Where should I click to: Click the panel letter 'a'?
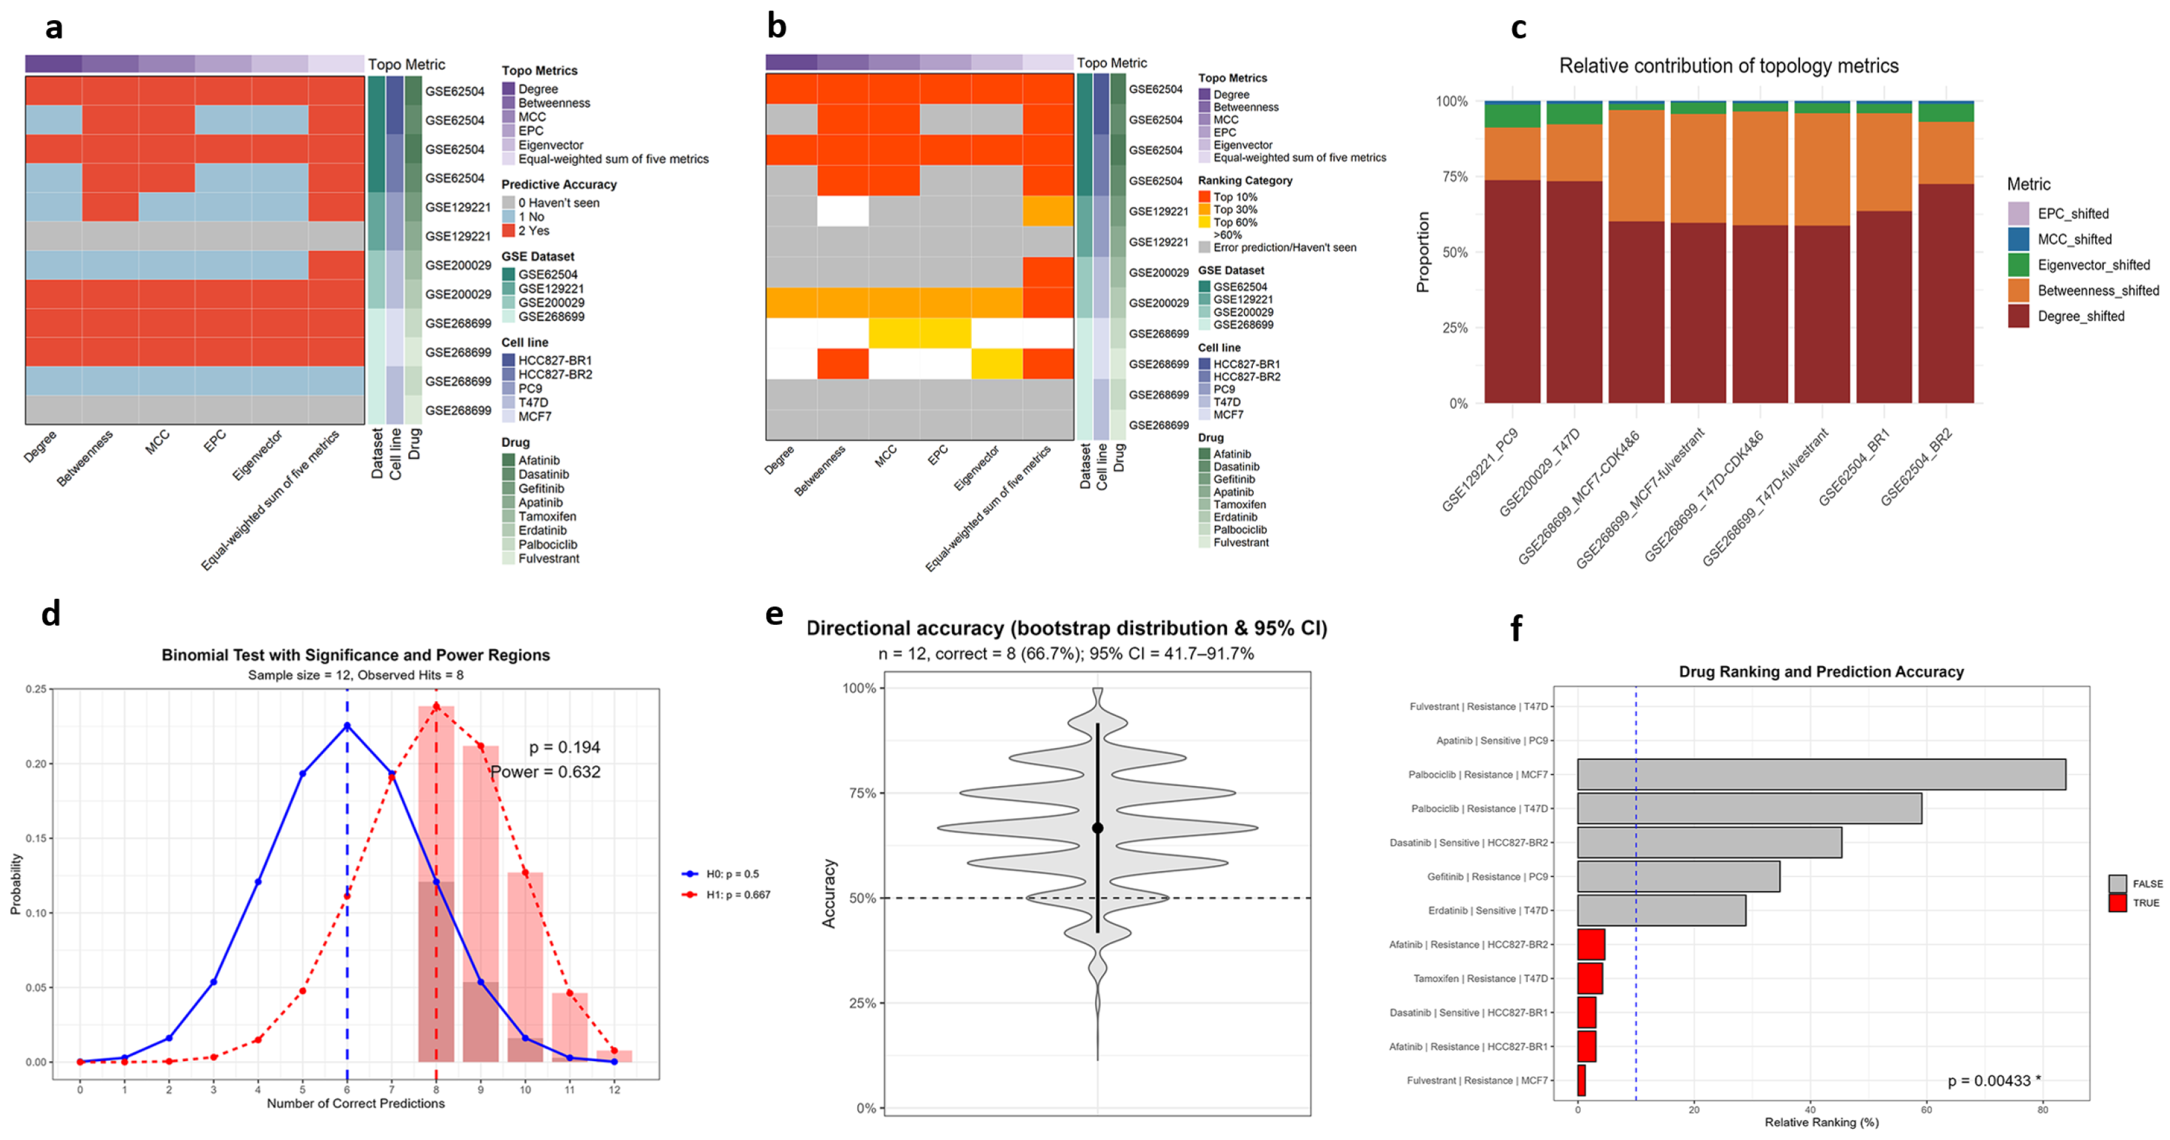(54, 29)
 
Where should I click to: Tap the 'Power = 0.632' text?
(545, 772)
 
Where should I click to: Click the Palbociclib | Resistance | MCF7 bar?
(1819, 774)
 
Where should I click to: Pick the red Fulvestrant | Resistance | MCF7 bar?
(1581, 1080)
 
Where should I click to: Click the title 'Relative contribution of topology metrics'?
(1728, 66)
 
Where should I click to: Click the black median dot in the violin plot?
(1098, 828)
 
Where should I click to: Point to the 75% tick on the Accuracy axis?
(862, 793)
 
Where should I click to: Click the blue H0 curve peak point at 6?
(347, 727)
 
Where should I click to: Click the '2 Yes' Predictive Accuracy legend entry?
(533, 231)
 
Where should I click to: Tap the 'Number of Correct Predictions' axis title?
(355, 1103)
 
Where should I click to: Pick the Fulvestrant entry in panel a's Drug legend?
(548, 559)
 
